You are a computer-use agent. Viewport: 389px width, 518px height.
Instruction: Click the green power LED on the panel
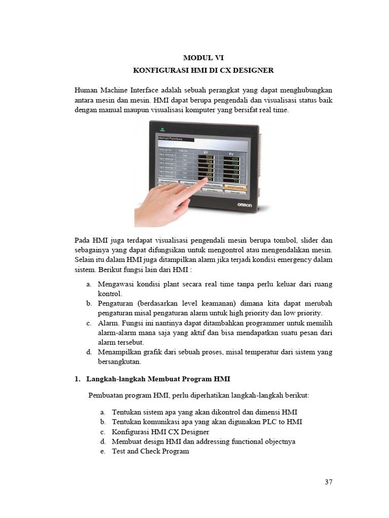[163, 127]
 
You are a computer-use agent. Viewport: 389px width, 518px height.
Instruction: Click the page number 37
[328, 482]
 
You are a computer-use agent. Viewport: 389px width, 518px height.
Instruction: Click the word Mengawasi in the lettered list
[116, 284]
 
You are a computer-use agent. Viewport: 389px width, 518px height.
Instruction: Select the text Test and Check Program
[150, 451]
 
